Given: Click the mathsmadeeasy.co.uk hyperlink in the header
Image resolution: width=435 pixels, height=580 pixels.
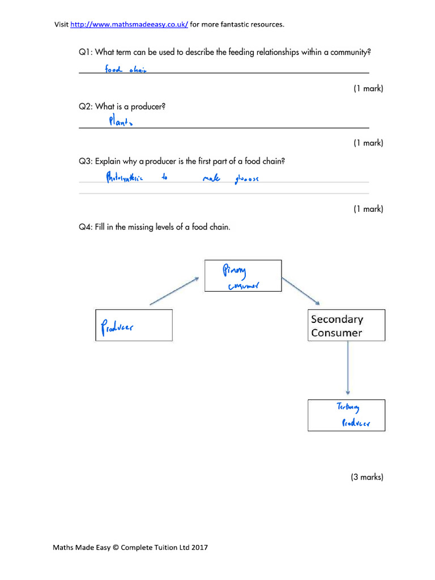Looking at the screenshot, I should pyautogui.click(x=129, y=24).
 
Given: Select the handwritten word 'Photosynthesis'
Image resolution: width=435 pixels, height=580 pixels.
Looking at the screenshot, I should pyautogui.click(x=126, y=177).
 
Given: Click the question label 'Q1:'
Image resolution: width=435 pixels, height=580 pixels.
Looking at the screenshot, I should pyautogui.click(x=86, y=52).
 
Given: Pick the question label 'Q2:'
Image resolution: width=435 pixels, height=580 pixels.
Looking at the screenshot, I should pyautogui.click(x=86, y=106).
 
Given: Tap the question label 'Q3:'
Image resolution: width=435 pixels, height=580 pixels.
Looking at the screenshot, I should pyautogui.click(x=86, y=161).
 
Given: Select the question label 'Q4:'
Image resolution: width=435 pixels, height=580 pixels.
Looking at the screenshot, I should pyautogui.click(x=86, y=227).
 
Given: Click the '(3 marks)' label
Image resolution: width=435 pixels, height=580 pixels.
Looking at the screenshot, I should pyautogui.click(x=367, y=477).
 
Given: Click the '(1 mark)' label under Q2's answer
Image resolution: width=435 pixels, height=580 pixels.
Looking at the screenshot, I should pyautogui.click(x=368, y=143).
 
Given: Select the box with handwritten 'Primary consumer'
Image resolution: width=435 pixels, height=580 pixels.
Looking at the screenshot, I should pyautogui.click(x=242, y=276).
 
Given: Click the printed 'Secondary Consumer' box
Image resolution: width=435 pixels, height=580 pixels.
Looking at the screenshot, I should pyautogui.click(x=346, y=326).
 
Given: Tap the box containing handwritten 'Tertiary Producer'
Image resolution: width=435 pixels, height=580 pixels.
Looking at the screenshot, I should pyautogui.click(x=346, y=415).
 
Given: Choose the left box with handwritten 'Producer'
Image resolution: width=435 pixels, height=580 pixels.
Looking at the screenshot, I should pyautogui.click(x=134, y=325).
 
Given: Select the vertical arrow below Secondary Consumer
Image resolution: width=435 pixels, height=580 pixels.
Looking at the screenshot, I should pyautogui.click(x=348, y=368).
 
